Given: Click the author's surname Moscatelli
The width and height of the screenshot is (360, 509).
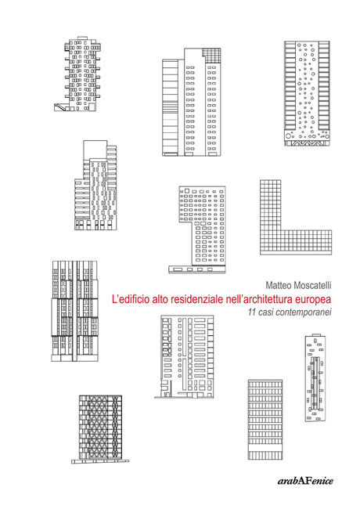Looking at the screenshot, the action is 312,285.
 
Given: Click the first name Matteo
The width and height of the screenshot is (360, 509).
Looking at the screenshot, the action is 279,285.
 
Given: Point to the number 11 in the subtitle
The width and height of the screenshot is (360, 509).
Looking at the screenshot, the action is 251,312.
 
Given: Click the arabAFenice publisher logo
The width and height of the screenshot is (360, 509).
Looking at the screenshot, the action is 305,481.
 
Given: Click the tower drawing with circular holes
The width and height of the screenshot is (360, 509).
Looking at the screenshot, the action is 307,93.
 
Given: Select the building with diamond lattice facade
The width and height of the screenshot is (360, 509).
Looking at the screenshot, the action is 100,428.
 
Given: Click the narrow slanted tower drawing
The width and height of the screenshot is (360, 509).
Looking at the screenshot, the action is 315,378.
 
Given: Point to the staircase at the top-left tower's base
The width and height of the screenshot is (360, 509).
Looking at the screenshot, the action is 60,106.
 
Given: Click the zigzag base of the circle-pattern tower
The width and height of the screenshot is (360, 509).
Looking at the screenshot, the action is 307,143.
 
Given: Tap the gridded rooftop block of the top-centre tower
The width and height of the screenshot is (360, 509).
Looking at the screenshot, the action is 211,55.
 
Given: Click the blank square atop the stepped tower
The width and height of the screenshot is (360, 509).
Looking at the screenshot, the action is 95,150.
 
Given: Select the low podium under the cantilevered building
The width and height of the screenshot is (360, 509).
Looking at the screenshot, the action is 197,269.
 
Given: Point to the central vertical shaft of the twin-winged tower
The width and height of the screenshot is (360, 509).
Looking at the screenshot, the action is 75,311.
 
